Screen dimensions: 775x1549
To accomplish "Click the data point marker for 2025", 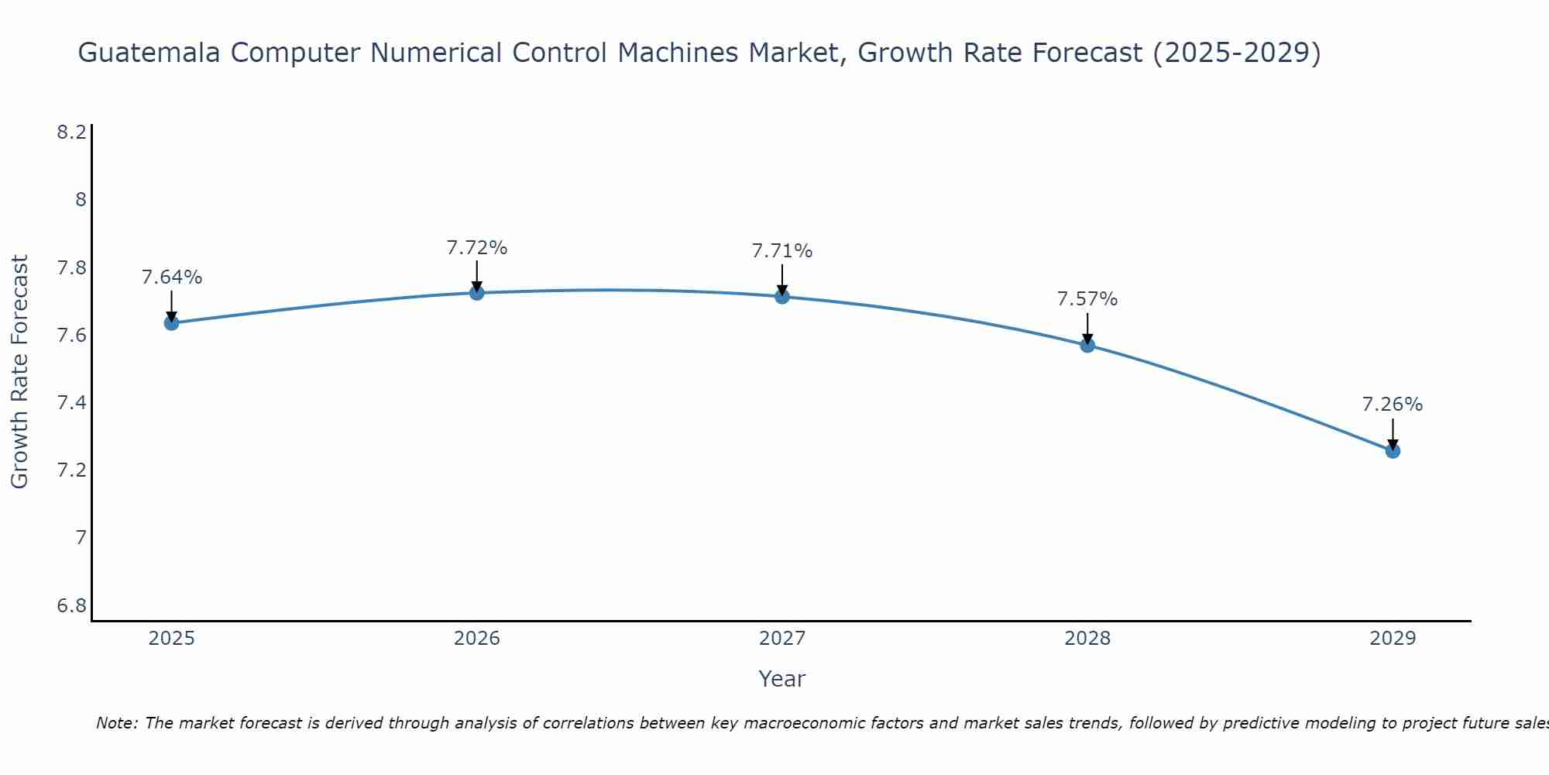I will coord(172,322).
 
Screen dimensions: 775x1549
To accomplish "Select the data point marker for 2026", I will coord(477,293).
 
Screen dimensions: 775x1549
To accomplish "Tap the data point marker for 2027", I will coord(782,296).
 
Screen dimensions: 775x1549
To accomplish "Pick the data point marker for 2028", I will coord(1087,345).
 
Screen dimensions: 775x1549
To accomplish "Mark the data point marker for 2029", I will coord(1393,450).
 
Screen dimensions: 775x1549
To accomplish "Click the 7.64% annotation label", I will coord(172,277).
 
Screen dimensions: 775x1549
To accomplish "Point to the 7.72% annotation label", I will coord(477,248).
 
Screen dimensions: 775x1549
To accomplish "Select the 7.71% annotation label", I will coord(782,251).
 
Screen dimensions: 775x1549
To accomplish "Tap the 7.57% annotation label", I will coord(1087,299).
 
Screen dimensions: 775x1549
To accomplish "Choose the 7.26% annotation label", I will coord(1393,405).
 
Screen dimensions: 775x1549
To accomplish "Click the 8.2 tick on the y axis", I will coord(71,133).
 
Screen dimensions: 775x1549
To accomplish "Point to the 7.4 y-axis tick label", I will coord(71,402).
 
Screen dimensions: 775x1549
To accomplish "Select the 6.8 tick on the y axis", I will coord(71,605).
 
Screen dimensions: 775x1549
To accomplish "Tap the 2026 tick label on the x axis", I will coord(477,639).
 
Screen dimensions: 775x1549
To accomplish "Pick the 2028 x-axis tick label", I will coord(1087,639).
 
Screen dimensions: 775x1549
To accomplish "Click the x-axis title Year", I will coord(782,679).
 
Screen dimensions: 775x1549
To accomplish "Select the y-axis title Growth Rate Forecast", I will coord(19,372).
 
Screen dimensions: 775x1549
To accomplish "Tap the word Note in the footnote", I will coord(116,723).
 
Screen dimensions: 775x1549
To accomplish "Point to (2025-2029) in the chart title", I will coord(1237,53).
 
